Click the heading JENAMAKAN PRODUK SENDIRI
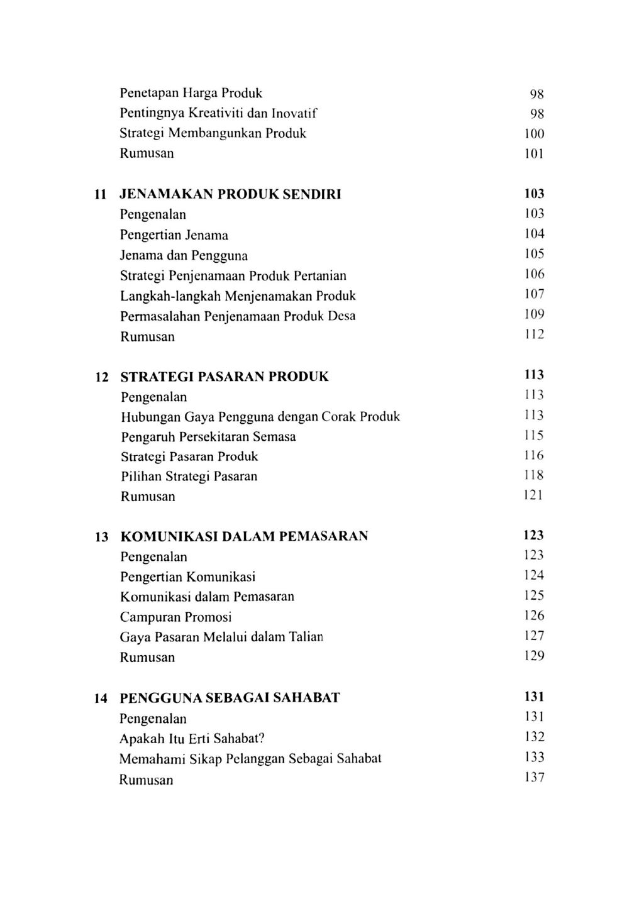coord(230,194)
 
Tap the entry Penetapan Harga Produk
coord(191,94)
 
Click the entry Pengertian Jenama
coord(174,235)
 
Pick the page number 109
coord(534,314)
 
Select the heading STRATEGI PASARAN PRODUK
coord(224,377)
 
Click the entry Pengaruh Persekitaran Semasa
coord(208,437)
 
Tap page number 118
coord(534,475)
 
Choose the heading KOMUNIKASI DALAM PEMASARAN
coord(244,537)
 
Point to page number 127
coord(534,636)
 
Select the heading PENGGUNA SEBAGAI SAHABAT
coord(230,698)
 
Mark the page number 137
coord(534,778)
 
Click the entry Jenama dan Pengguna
coord(184,256)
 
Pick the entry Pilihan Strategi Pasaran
coord(189,477)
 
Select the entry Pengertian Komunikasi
coord(187,577)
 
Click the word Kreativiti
coord(211,114)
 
